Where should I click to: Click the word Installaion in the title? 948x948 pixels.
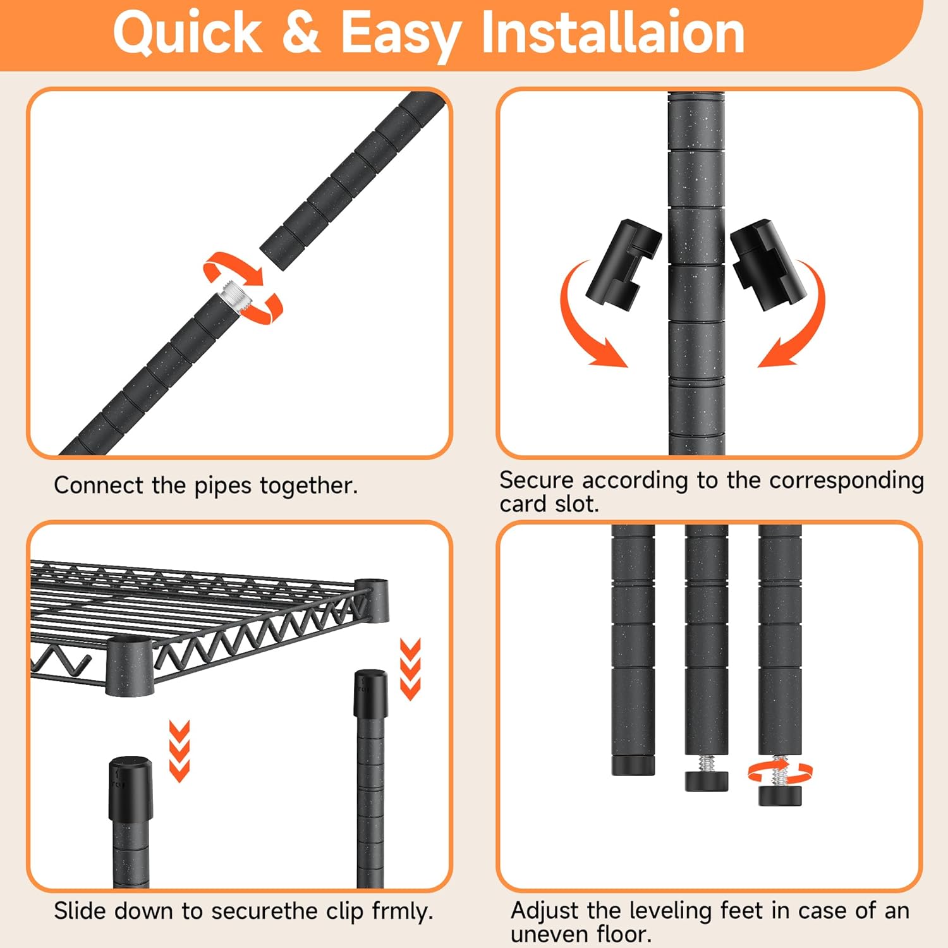click(x=612, y=32)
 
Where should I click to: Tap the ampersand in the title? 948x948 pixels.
click(x=301, y=32)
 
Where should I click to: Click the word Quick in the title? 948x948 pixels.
click(x=187, y=33)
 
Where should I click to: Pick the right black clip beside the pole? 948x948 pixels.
click(x=769, y=264)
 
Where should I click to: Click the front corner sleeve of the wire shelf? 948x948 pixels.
click(x=130, y=666)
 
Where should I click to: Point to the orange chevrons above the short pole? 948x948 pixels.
click(x=179, y=750)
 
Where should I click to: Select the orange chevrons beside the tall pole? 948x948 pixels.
click(x=411, y=669)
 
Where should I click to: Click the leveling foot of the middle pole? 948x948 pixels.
click(x=707, y=781)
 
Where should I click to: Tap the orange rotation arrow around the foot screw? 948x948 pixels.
click(x=780, y=772)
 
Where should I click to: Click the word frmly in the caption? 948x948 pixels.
click(x=402, y=912)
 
